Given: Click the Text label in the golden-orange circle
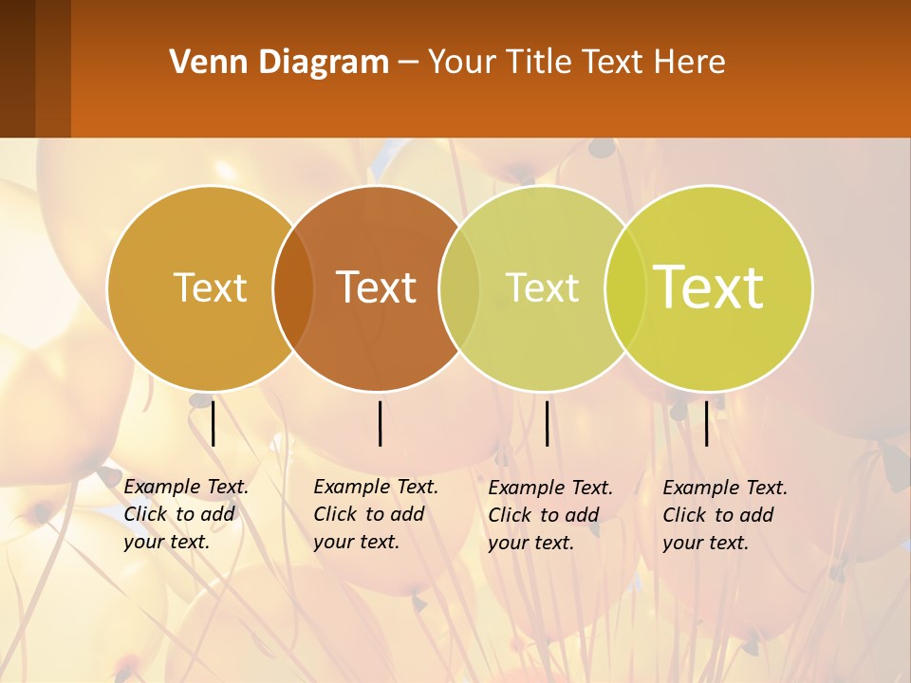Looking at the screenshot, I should [210, 287].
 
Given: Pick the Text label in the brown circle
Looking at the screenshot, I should [377, 287].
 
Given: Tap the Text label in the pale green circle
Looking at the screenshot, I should [542, 287].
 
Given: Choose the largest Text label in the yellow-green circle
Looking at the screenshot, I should [709, 287].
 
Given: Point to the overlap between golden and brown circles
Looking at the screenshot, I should [293, 288].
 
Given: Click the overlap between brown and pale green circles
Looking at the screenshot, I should [459, 288].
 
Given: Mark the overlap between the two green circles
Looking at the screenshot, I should [625, 288].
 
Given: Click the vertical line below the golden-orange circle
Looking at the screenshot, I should [214, 423].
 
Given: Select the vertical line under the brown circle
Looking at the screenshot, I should [380, 423].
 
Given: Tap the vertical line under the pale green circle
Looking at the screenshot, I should [548, 423].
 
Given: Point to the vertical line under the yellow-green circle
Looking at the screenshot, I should [707, 423].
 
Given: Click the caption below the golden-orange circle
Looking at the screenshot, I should [185, 515].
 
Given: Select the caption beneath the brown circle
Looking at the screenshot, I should [375, 515].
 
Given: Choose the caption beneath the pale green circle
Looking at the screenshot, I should [549, 515].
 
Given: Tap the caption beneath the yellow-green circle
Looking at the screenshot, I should [724, 515].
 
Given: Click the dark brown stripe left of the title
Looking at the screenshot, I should [18, 68].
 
